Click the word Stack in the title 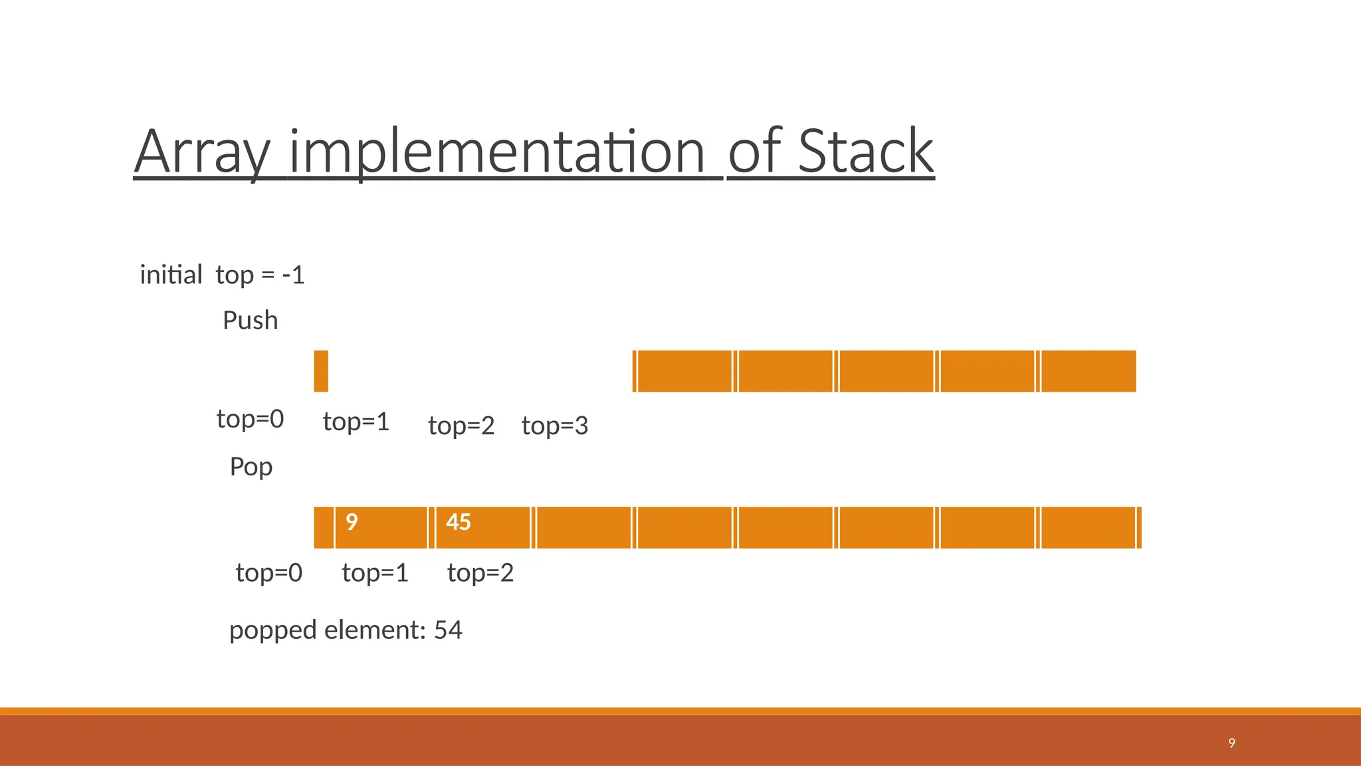tap(865, 152)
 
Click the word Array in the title tap(202, 153)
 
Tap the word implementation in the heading tap(497, 153)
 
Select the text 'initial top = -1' tap(222, 275)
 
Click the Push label tap(250, 320)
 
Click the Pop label tap(251, 467)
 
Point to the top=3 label tap(554, 426)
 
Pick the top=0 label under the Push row tap(250, 419)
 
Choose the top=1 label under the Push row tap(356, 422)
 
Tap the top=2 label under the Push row tap(461, 426)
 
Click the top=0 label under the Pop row tap(268, 573)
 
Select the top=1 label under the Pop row tap(375, 573)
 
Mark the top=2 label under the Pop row tap(480, 573)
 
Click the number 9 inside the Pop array tap(352, 522)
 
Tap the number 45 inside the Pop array tap(458, 522)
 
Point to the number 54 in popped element tap(448, 630)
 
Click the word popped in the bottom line tap(272, 630)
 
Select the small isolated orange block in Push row tap(321, 371)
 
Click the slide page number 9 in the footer tap(1231, 743)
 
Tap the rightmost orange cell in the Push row tap(1088, 371)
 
